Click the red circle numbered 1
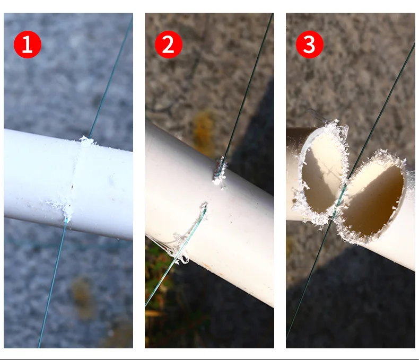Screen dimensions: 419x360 (x=28, y=44)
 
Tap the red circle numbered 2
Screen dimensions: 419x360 (x=169, y=44)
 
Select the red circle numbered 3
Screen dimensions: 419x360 (x=310, y=44)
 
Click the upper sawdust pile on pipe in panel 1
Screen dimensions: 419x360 (x=86, y=141)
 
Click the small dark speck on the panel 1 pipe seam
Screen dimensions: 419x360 (x=72, y=187)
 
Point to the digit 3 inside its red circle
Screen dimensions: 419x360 (x=309, y=45)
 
